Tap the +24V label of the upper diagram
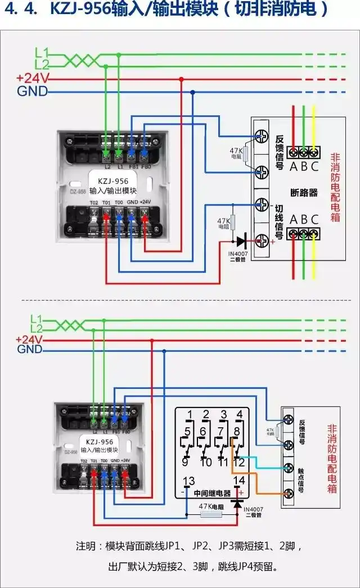33,78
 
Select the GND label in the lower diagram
30,350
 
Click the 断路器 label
304,192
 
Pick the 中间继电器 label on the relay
212,493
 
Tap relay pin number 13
190,481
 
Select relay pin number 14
239,481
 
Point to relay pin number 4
240,415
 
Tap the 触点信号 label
302,480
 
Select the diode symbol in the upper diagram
241,242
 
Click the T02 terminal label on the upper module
93,202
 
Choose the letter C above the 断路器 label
314,166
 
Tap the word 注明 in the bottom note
88,546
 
